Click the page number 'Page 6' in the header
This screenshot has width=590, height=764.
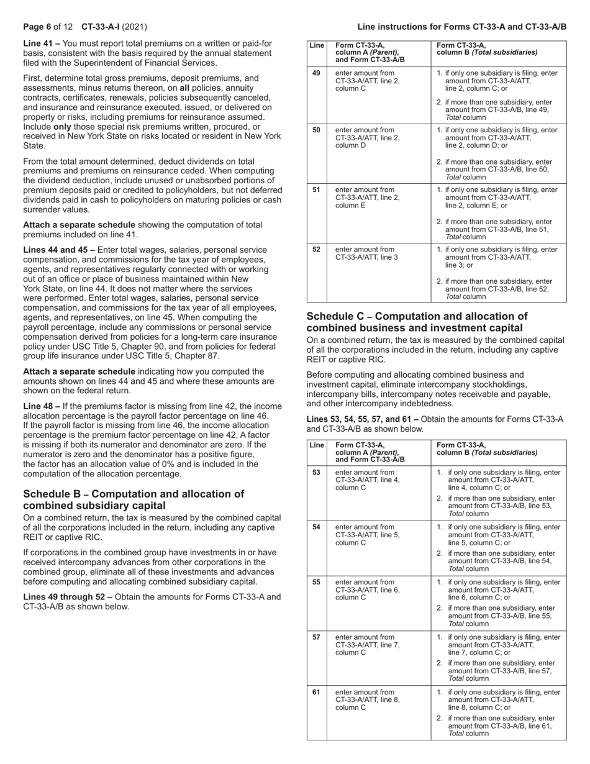coord(37,27)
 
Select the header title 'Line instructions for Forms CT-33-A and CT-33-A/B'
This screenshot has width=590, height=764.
coord(461,27)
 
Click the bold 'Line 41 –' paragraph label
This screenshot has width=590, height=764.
coord(42,43)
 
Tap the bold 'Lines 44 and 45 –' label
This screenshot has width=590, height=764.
coord(59,250)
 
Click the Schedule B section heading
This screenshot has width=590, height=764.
coord(134,500)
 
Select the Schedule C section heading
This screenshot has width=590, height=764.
coord(417,322)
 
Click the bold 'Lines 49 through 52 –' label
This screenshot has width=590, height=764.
coord(68,597)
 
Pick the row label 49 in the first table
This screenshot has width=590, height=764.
coord(316,73)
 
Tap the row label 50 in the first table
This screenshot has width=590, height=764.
coord(316,130)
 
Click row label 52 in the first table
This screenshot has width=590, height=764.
coord(316,249)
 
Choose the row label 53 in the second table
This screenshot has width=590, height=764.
coord(316,472)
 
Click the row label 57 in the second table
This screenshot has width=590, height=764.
coord(316,637)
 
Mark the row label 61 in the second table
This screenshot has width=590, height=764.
coord(316,692)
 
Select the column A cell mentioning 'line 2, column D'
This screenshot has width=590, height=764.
coord(366,138)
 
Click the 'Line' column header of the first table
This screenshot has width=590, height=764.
coord(316,45)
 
